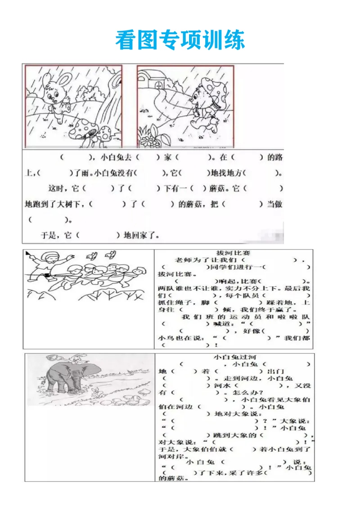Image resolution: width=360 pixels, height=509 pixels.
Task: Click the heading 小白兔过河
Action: coord(236,357)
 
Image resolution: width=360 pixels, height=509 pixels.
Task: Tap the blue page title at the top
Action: coord(180,40)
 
